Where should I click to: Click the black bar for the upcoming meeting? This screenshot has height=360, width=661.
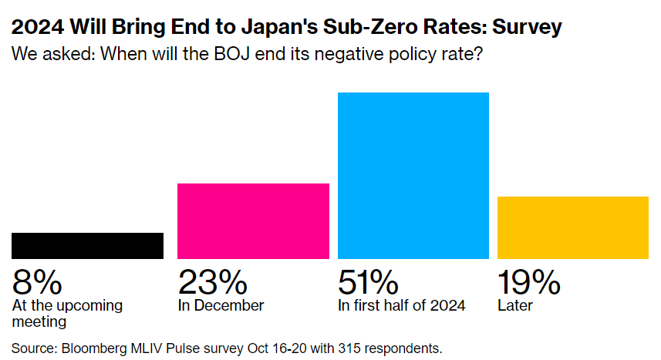coord(87,245)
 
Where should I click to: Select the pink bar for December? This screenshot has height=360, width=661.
coord(253,220)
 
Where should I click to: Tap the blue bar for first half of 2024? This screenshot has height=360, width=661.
coord(413,175)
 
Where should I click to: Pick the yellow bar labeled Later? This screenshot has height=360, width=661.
coord(572,227)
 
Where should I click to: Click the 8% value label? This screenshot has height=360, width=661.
coord(36,282)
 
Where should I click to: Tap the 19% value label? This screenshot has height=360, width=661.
coord(529,282)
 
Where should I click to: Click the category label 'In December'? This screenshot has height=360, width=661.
coord(221,305)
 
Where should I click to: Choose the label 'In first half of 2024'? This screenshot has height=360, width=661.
coord(402,305)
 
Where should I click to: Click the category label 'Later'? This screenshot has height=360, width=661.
coord(515,305)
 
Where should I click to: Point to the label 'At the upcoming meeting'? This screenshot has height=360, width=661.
coord(67,312)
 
